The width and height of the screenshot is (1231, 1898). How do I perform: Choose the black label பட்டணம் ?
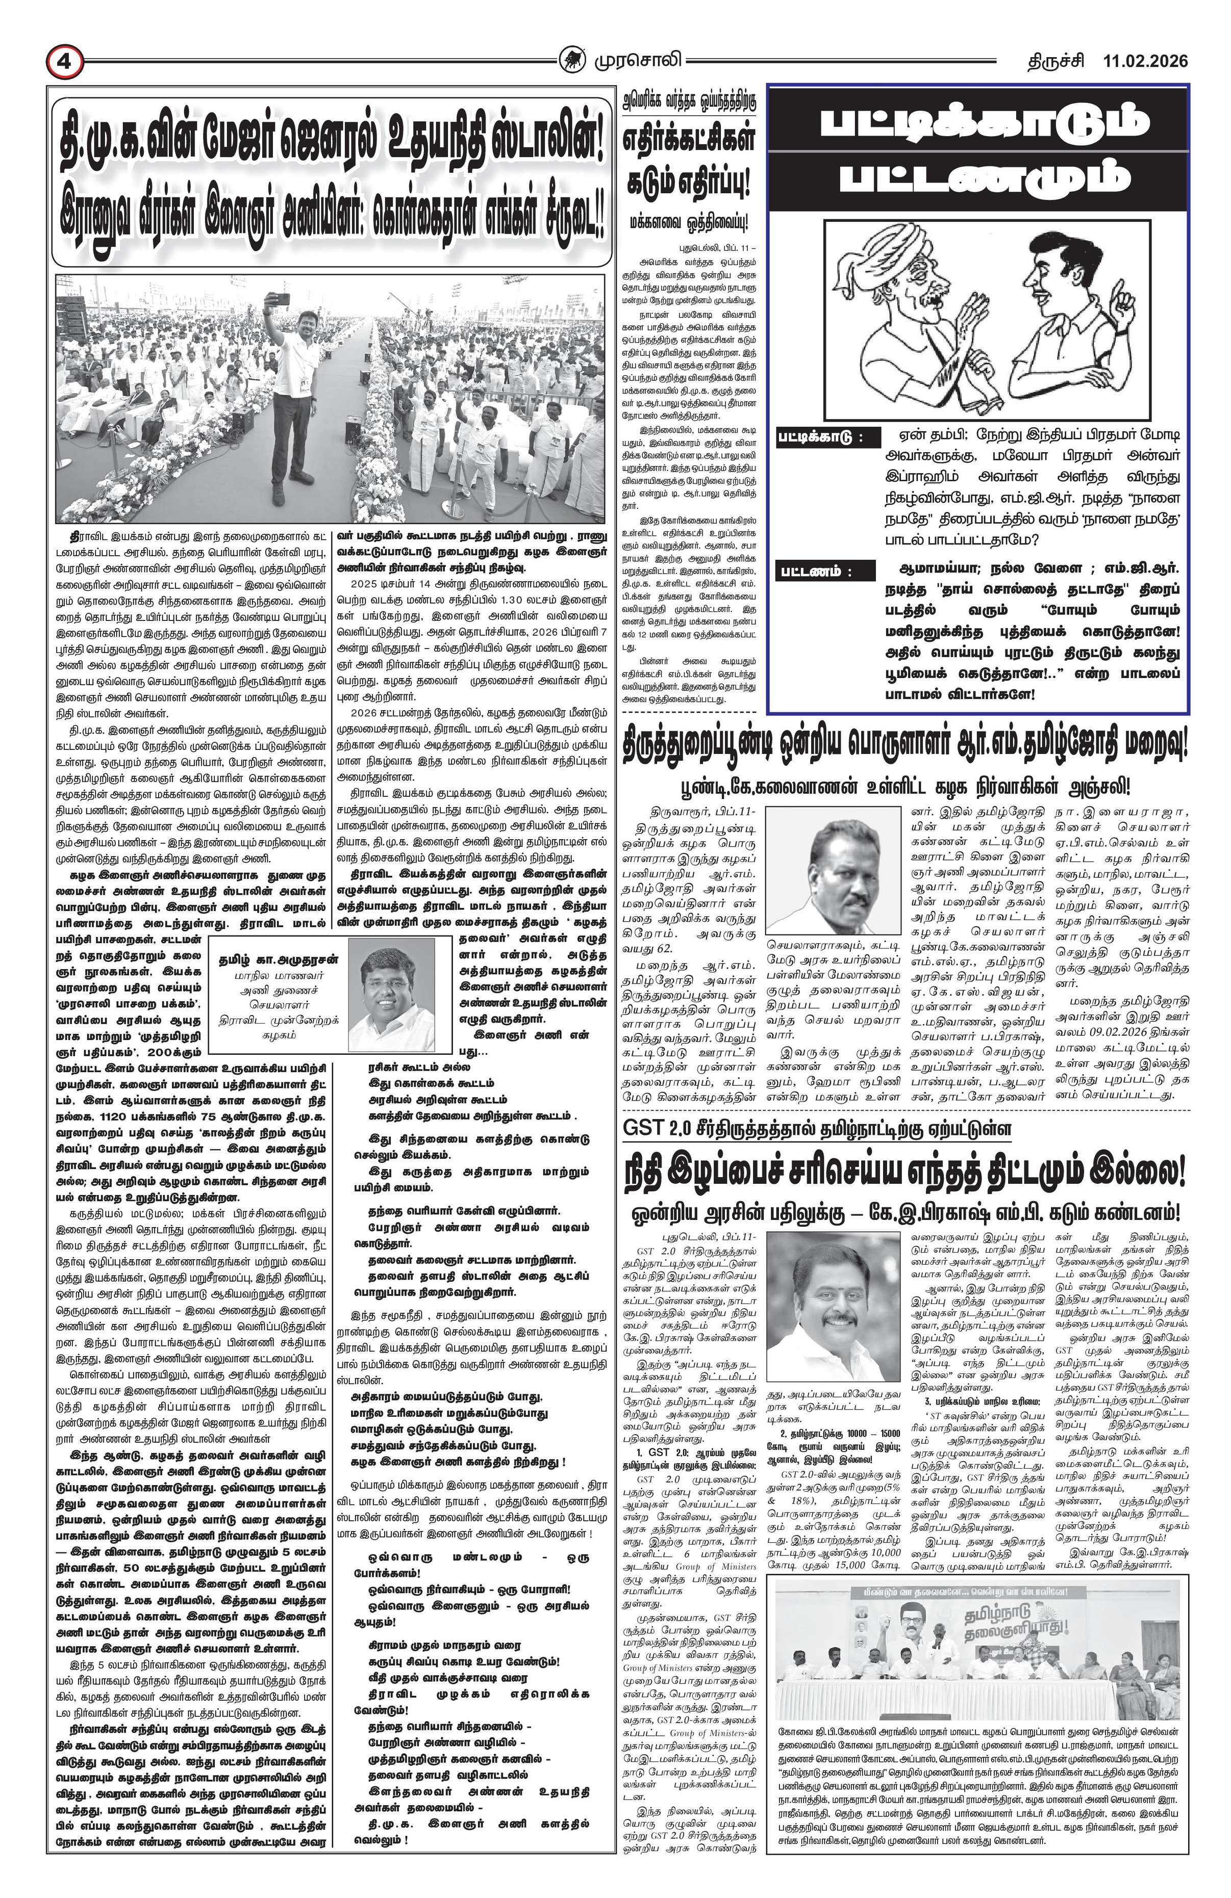816,571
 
